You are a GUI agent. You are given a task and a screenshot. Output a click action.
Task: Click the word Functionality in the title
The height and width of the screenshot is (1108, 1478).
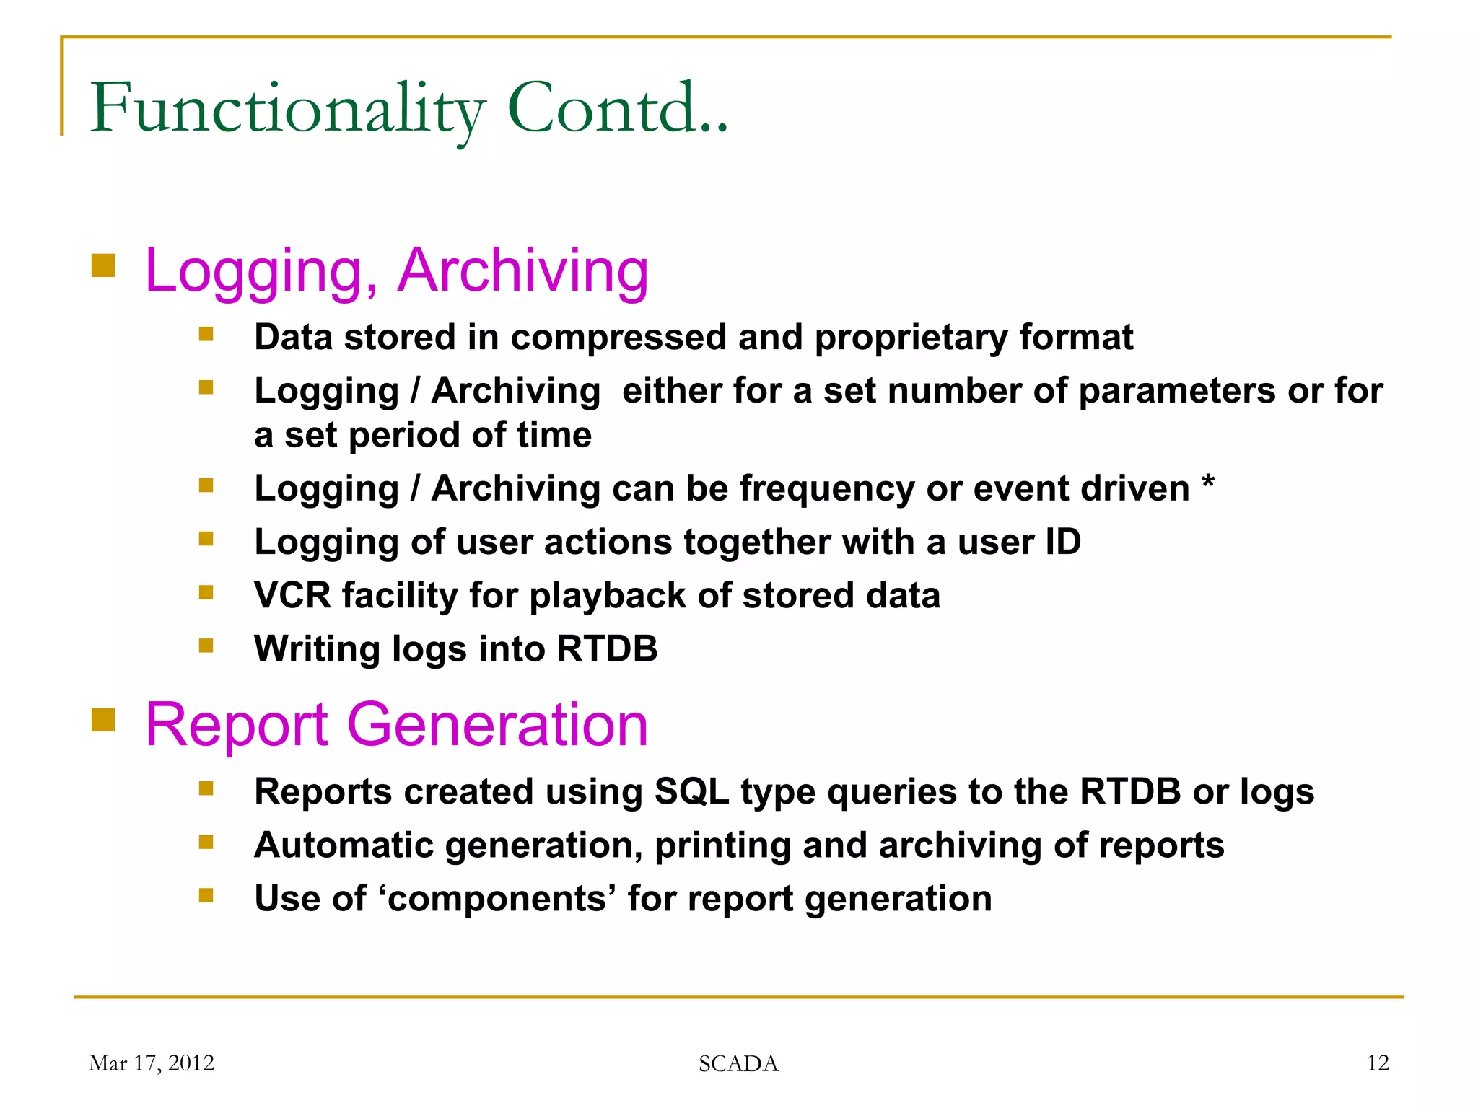click(x=287, y=110)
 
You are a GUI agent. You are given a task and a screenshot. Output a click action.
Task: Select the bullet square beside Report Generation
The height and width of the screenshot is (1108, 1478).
click(x=104, y=719)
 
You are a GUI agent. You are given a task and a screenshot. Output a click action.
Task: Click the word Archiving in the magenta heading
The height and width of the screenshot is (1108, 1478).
click(x=523, y=271)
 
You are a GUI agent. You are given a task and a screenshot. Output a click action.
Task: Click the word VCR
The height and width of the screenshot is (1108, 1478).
click(x=292, y=596)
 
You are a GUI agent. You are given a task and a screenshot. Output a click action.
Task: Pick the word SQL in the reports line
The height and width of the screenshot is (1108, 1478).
click(x=691, y=791)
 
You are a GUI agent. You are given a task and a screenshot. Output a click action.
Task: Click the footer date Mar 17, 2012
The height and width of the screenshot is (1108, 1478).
click(x=152, y=1063)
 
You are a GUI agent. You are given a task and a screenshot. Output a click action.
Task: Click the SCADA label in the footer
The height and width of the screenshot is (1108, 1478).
click(x=738, y=1064)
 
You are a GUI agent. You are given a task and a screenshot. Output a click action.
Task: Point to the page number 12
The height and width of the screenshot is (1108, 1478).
click(x=1378, y=1063)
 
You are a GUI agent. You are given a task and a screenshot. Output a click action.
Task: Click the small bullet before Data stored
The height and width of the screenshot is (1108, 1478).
click(x=206, y=334)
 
